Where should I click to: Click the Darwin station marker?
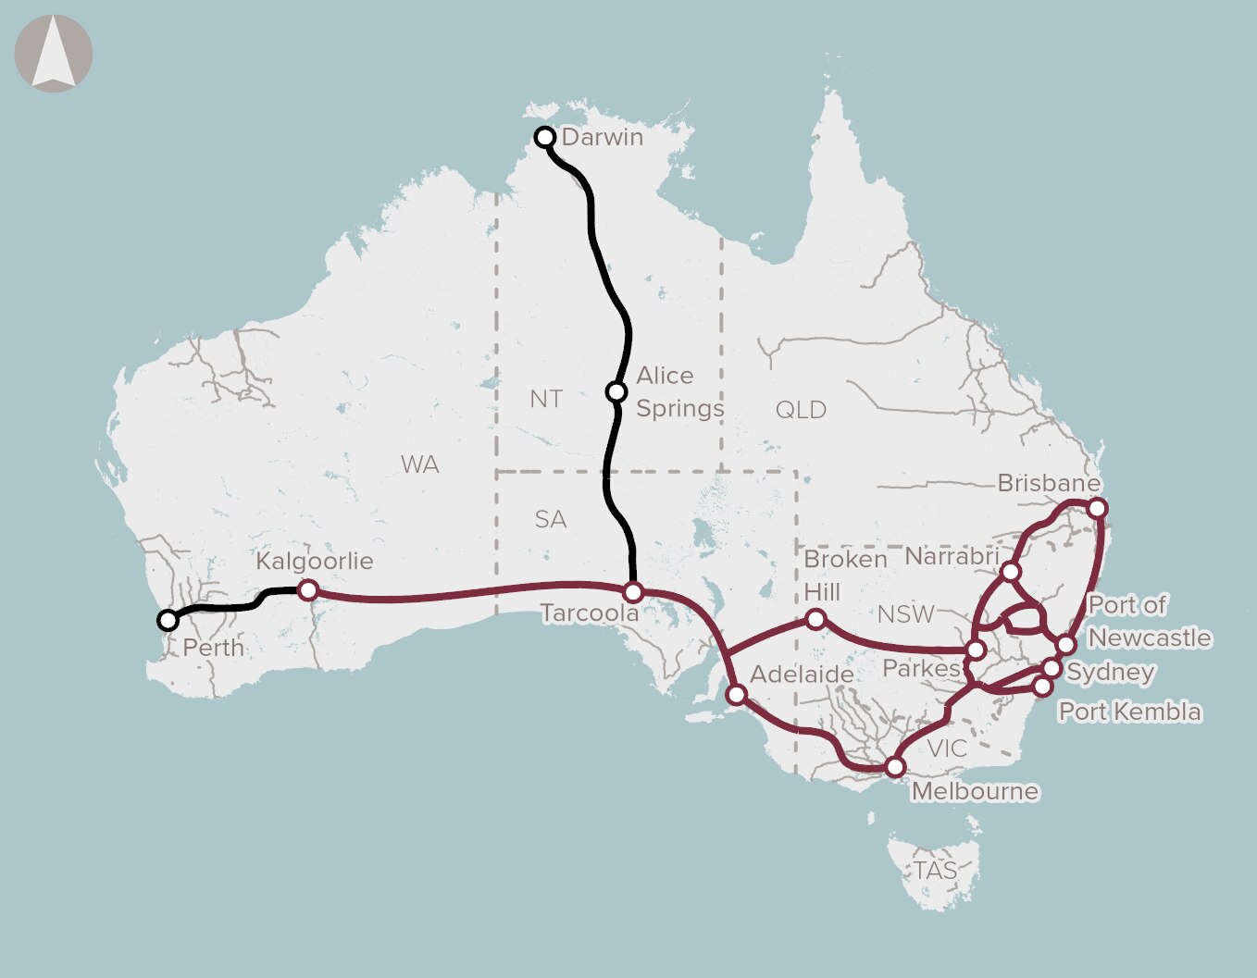pos(545,138)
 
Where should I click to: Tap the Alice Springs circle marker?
pos(616,392)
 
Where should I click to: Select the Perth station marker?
pos(168,620)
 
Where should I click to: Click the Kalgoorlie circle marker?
pos(308,590)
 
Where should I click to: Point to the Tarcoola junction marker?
pos(633,592)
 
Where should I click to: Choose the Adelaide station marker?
pos(737,694)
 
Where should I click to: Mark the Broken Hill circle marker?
pos(815,619)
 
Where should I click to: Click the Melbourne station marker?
pos(894,767)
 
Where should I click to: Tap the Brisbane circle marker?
pos(1097,508)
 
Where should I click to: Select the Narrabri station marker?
pos(1011,572)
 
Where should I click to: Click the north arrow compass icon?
pos(54,54)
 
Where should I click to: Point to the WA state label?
pos(419,464)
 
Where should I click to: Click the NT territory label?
pos(546,399)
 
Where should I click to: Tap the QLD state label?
pos(801,410)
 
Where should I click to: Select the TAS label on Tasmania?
pos(935,871)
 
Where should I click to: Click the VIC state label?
pos(946,749)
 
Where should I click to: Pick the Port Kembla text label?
pos(1129,712)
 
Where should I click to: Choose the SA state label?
pos(550,519)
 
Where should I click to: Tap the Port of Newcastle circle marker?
pos(1066,644)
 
